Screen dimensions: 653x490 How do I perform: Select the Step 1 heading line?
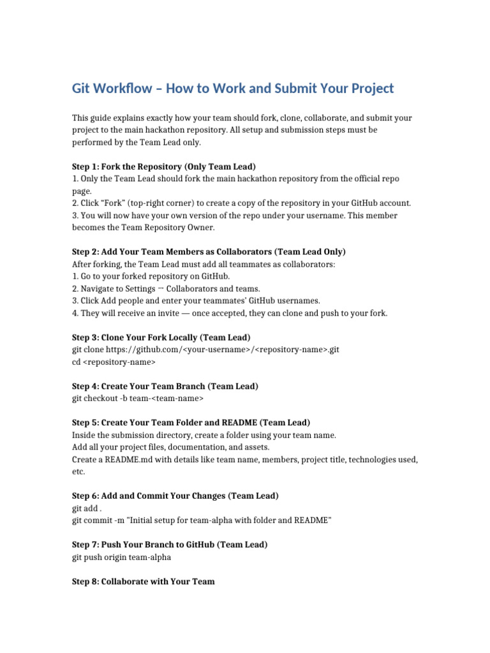coord(163,166)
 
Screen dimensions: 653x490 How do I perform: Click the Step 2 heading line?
coord(209,251)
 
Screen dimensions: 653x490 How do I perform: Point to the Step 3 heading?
coord(161,337)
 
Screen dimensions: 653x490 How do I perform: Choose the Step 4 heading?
coord(165,386)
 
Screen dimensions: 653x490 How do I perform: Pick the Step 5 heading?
coord(191,423)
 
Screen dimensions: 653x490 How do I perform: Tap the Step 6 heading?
coord(175,495)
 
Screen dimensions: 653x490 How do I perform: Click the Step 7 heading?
coord(170,545)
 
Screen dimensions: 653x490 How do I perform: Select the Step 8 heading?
coord(143,581)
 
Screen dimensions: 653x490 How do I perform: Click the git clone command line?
coord(205,350)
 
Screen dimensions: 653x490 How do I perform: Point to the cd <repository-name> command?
coord(114,362)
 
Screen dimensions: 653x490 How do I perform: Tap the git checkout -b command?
coord(138,399)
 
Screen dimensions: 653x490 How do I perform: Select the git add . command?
coord(87,508)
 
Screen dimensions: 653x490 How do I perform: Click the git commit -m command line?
coord(202,520)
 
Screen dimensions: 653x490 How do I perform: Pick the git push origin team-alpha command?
coord(122,557)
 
